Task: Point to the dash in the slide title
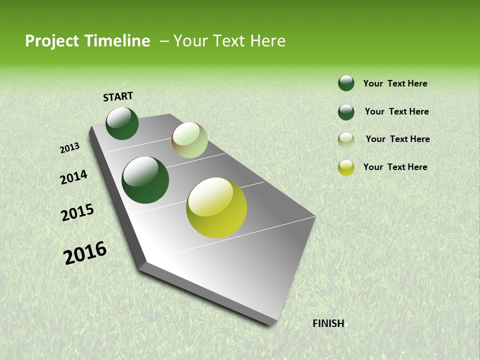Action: point(164,41)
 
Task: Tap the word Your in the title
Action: point(189,41)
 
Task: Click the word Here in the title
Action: point(267,41)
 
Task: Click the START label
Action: point(118,96)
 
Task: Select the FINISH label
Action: point(328,323)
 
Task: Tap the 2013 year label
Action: point(69,147)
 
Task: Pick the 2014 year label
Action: point(73,177)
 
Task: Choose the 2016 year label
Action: point(85,253)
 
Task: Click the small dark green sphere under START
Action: point(122,123)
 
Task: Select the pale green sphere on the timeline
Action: point(189,140)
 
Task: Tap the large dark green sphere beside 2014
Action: point(145,180)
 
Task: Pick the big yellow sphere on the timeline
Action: point(216,207)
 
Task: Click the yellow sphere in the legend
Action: point(346,167)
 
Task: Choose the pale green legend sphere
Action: point(346,140)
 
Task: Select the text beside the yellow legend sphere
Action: point(395,167)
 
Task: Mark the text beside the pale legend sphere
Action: point(397,139)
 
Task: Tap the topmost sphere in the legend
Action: point(346,83)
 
